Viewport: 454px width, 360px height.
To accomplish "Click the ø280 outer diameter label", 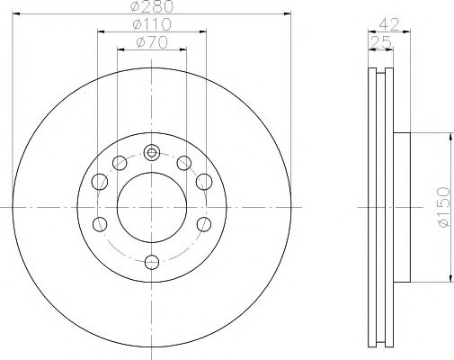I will pyautogui.click(x=151, y=8).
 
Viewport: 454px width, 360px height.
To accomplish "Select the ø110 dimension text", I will pyautogui.click(x=151, y=25).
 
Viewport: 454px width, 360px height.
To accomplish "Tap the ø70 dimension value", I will pyautogui.click(x=151, y=43).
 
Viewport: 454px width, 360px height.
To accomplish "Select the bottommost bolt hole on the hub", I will pyautogui.click(x=151, y=262).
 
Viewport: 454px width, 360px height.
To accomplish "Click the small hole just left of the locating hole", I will pyautogui.click(x=120, y=163).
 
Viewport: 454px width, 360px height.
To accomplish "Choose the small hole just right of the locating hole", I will pyautogui.click(x=183, y=163).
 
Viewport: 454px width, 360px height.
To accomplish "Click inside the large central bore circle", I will pyautogui.click(x=151, y=206).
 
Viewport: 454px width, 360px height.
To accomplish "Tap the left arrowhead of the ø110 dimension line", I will pyautogui.click(x=99, y=31).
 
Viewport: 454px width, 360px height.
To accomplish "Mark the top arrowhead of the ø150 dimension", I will pyautogui.click(x=447, y=134).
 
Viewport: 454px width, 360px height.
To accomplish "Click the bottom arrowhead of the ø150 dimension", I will pyautogui.click(x=447, y=278).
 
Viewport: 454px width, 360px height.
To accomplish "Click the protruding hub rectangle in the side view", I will pyautogui.click(x=402, y=206).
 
